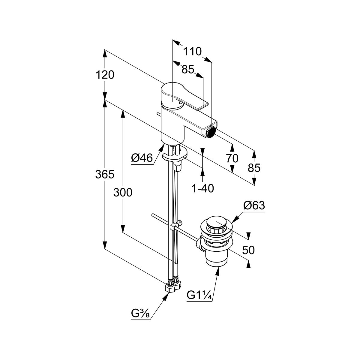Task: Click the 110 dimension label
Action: [x=192, y=52]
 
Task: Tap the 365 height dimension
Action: [x=105, y=174]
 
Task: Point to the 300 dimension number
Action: [x=123, y=193]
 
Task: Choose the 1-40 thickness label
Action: [x=202, y=188]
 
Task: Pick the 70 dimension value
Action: [x=232, y=158]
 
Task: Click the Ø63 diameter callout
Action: [x=254, y=206]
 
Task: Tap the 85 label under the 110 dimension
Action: [x=188, y=70]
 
